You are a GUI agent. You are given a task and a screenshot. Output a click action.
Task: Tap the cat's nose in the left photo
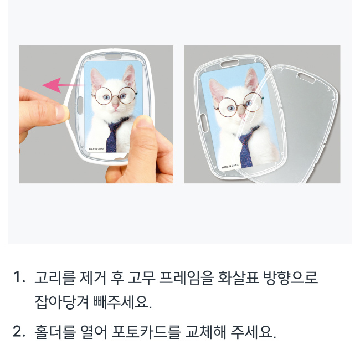click(x=116, y=106)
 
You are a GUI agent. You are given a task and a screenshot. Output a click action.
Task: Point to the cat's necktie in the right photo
click(x=246, y=149)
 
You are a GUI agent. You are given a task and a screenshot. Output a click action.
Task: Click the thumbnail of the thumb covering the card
click(x=145, y=122)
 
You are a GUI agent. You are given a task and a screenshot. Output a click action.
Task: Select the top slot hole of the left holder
click(x=113, y=56)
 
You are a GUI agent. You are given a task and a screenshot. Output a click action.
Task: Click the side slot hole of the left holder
click(x=79, y=105)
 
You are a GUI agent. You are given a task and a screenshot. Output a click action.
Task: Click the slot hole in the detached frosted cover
click(x=306, y=78)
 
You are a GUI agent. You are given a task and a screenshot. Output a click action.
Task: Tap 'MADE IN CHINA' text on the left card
click(x=96, y=149)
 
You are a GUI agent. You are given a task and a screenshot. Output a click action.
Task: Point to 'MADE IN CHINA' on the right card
click(x=230, y=166)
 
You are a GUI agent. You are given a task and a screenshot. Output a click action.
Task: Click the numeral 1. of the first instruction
click(x=19, y=277)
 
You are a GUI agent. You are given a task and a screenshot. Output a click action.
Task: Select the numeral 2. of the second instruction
click(x=19, y=332)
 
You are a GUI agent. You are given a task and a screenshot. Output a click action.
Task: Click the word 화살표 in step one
click(x=238, y=278)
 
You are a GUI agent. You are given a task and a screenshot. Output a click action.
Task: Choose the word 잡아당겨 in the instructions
click(x=62, y=302)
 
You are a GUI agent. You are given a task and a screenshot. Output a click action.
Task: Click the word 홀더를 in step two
click(x=55, y=332)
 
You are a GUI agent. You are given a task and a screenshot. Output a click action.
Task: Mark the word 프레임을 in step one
click(x=187, y=278)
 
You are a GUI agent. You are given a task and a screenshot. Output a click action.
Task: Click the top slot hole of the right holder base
click(x=230, y=63)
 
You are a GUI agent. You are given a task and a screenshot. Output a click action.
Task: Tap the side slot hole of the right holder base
click(x=204, y=123)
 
